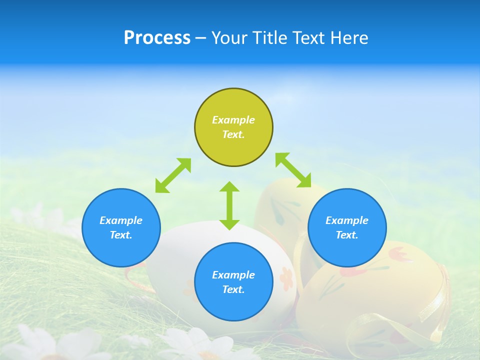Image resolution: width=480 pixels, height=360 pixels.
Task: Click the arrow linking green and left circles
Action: (x=173, y=175)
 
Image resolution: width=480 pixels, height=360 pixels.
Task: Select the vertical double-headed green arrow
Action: (x=229, y=205)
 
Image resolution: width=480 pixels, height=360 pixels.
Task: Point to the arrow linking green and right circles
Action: (x=293, y=170)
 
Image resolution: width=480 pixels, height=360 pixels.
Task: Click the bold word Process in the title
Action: (x=157, y=37)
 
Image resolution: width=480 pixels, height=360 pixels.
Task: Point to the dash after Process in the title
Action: (x=200, y=38)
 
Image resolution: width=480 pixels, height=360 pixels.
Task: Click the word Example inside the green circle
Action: (x=233, y=120)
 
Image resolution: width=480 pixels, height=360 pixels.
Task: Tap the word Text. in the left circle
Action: (x=121, y=235)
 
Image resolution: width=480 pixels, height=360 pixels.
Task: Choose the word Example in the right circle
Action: (x=347, y=220)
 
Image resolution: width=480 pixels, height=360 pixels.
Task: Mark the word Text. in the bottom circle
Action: (x=233, y=289)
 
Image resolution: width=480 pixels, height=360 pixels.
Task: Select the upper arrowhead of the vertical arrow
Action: (x=229, y=187)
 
